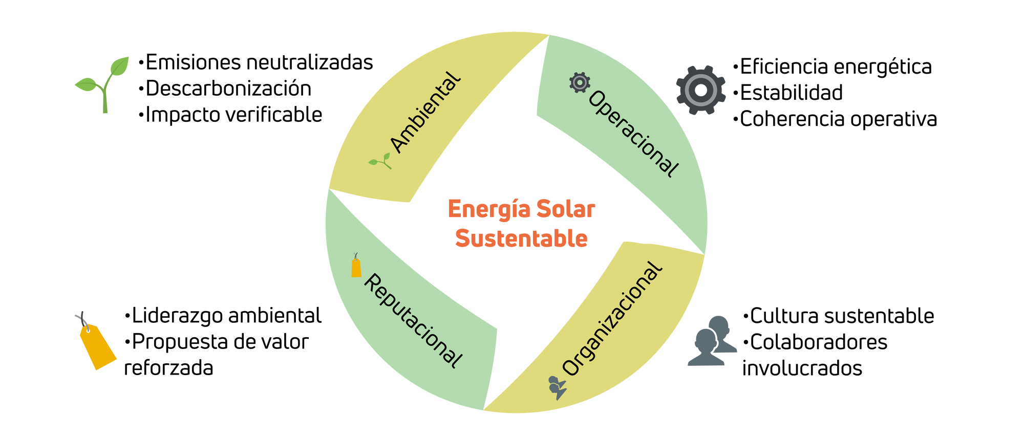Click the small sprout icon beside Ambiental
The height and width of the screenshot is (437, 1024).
click(380, 161)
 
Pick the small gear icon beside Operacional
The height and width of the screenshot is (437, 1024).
click(580, 82)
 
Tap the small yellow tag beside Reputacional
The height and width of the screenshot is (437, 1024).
click(356, 267)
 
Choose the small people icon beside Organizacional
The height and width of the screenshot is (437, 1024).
click(557, 387)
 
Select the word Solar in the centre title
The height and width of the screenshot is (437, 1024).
click(565, 209)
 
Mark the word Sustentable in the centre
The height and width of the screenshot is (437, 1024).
click(521, 238)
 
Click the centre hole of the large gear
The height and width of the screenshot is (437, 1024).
click(701, 91)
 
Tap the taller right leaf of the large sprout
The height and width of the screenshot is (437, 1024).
click(120, 67)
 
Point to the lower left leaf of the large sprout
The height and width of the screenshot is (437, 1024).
click(86, 84)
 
